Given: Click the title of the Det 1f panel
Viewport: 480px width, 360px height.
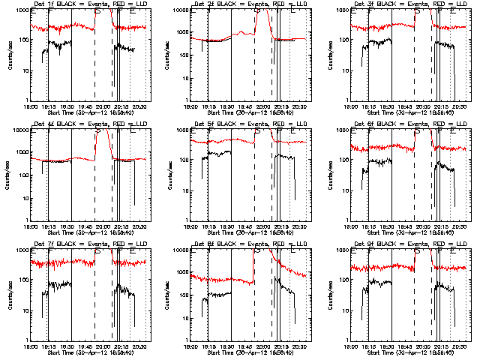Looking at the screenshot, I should (x=88, y=4).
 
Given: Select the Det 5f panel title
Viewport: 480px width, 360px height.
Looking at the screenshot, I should (x=248, y=124).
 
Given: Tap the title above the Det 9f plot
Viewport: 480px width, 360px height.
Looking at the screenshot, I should (x=409, y=244).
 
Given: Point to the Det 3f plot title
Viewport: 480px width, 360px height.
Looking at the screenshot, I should (x=409, y=4).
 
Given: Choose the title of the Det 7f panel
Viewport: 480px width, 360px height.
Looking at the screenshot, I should (x=88, y=244).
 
